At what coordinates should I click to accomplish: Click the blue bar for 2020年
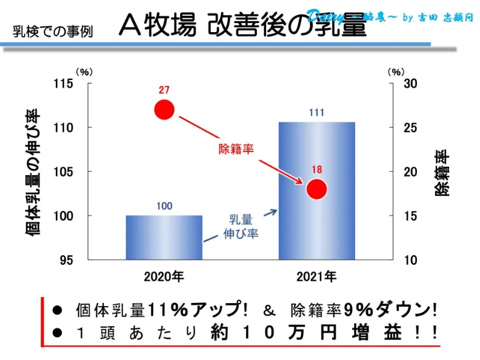click(x=164, y=238)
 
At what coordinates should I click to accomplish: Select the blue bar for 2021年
click(x=316, y=191)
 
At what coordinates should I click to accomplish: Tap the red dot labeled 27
click(x=164, y=110)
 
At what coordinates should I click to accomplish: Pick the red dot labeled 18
click(x=316, y=189)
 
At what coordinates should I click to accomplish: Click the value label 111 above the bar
click(x=316, y=113)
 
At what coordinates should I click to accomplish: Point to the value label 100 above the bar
click(x=164, y=206)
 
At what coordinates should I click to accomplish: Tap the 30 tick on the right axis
click(x=410, y=84)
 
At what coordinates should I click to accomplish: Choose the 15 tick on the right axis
click(x=410, y=216)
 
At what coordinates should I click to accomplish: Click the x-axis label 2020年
click(x=164, y=277)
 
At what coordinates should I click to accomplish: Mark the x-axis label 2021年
click(x=316, y=277)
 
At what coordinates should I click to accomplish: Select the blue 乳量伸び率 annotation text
click(x=241, y=226)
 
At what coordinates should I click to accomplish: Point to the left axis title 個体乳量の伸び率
click(x=34, y=172)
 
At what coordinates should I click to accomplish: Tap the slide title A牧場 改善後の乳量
click(x=242, y=25)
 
